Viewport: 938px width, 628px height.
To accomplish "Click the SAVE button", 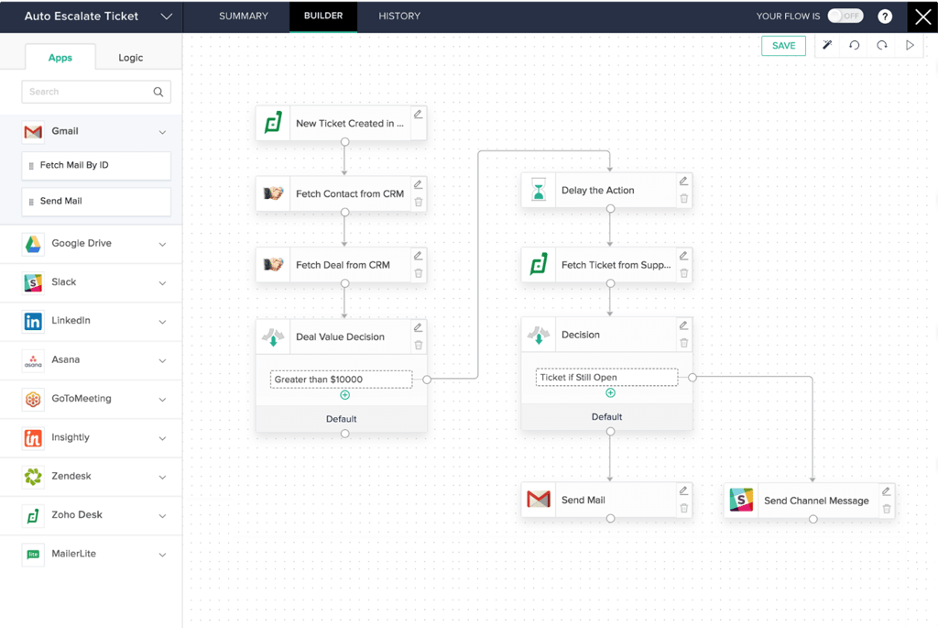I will click(x=783, y=46).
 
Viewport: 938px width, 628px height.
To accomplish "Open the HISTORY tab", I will click(x=399, y=17).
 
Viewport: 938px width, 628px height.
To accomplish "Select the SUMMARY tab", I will click(x=244, y=17).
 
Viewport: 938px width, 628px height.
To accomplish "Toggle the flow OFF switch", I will click(x=845, y=16).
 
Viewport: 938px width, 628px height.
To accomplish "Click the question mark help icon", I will click(x=885, y=17).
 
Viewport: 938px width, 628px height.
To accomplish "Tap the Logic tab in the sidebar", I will click(x=131, y=58).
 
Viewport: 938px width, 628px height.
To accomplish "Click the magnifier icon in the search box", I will click(x=158, y=92).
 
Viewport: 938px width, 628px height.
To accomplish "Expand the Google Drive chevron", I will click(x=162, y=245).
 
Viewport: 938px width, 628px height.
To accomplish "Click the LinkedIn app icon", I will click(x=33, y=322).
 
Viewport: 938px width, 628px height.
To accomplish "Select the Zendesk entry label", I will click(x=71, y=477).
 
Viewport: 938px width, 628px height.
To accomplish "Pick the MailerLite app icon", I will click(x=33, y=555).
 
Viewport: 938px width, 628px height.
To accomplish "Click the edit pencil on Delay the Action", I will click(x=683, y=181).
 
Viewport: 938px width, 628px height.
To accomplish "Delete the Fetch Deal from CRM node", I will click(x=419, y=273).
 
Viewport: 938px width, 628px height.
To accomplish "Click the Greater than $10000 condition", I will click(x=342, y=380).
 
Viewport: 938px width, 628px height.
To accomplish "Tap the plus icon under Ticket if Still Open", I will click(x=610, y=393).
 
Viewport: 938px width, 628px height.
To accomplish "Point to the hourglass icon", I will click(x=539, y=191).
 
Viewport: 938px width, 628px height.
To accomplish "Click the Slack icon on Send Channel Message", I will click(x=741, y=501).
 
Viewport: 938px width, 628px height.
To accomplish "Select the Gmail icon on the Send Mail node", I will click(x=539, y=500).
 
